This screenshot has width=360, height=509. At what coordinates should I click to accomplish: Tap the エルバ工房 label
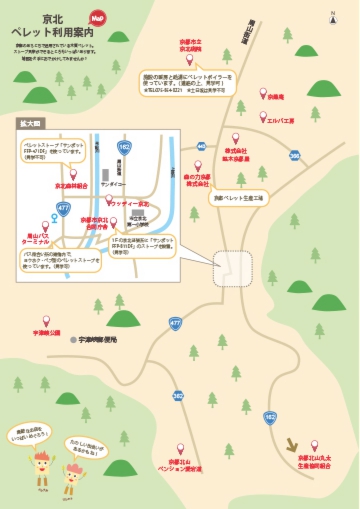coord(280,120)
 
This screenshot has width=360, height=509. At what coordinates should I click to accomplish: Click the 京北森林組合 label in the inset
coord(72,185)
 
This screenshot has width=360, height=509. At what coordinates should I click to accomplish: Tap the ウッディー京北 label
coord(131,204)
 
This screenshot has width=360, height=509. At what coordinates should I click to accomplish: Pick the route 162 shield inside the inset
coord(124,146)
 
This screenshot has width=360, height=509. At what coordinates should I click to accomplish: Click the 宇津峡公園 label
coord(47,332)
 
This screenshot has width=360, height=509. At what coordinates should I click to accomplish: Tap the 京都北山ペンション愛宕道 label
coord(184,465)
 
